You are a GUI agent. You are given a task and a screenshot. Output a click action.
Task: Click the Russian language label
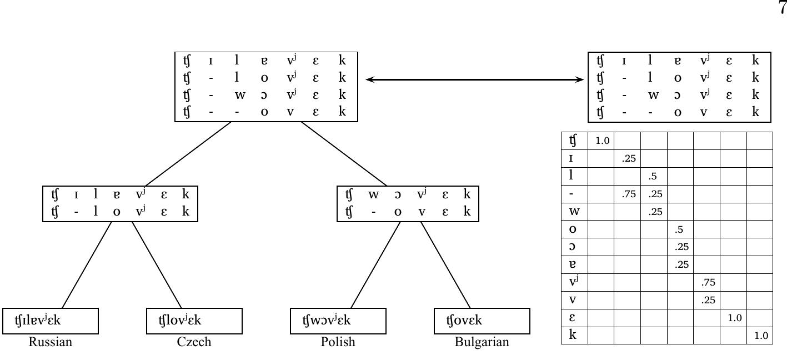pyautogui.click(x=51, y=342)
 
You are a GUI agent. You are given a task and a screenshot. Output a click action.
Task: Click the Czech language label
pyautogui.click(x=194, y=342)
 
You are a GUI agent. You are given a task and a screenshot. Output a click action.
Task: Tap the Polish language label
pyautogui.click(x=338, y=342)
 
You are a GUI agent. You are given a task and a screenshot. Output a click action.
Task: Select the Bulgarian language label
pyautogui.click(x=482, y=342)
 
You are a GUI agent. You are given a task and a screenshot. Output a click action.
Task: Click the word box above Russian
pyautogui.click(x=51, y=320)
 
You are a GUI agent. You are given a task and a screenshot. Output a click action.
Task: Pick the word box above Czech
pyautogui.click(x=194, y=320)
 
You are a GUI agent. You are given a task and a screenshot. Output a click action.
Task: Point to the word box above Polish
pyautogui.click(x=338, y=320)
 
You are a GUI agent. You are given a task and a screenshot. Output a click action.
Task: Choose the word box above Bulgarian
pyautogui.click(x=482, y=320)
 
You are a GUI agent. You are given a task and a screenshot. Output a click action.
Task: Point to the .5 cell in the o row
pyautogui.click(x=680, y=229)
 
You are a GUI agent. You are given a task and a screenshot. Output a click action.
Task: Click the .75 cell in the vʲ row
pyautogui.click(x=707, y=283)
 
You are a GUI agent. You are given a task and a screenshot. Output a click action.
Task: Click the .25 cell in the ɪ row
pyautogui.click(x=628, y=158)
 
